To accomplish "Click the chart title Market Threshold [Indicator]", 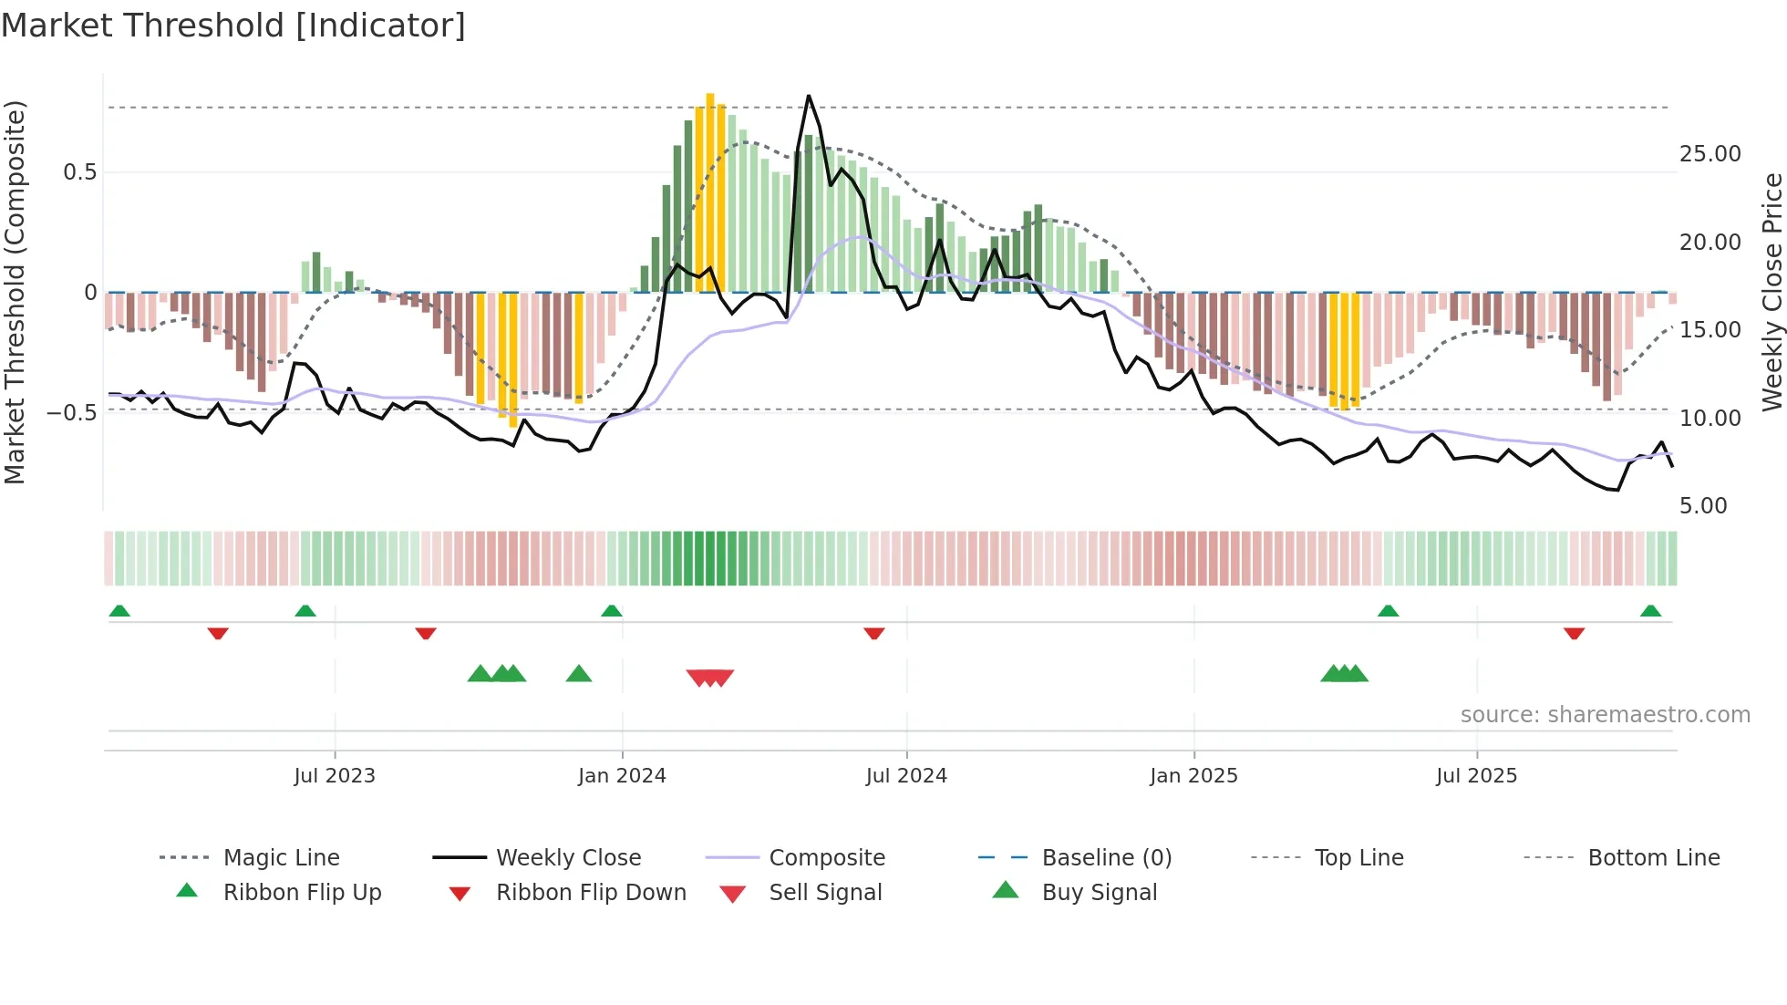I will point(233,26).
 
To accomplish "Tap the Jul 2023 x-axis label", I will point(335,776).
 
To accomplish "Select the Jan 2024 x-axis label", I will point(622,776).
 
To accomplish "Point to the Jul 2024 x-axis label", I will point(906,776).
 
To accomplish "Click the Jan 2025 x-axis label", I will point(1193,776).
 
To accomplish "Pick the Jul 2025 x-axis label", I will point(1476,776).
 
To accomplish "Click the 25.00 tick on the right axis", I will point(1710,154).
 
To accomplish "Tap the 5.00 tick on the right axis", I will point(1702,506).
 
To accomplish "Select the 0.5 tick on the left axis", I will point(79,172).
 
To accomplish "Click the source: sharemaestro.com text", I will point(1605,715).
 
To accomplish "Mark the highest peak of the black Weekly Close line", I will point(808,96).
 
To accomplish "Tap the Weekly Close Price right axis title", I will point(1772,292).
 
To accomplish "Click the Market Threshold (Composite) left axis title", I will point(15,292).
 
